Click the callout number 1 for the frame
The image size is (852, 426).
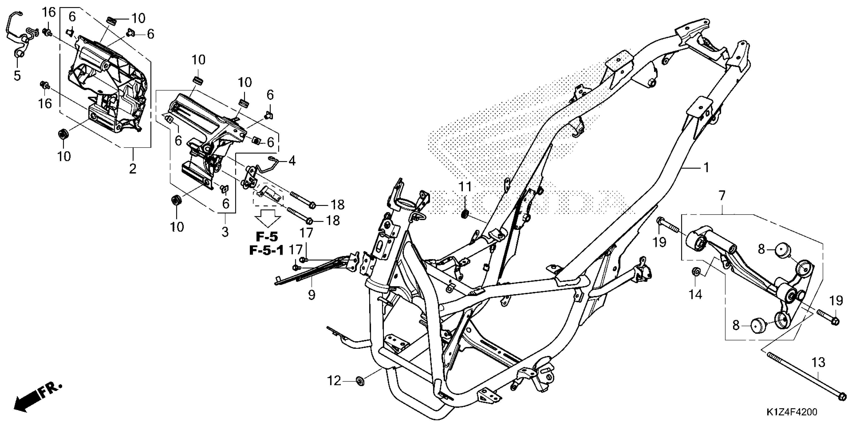pyautogui.click(x=706, y=168)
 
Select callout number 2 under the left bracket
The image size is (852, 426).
pyautogui.click(x=133, y=169)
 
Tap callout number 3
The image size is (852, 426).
pyautogui.click(x=225, y=232)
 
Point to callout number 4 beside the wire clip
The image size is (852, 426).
pyautogui.click(x=291, y=161)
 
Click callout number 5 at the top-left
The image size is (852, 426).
pyautogui.click(x=17, y=75)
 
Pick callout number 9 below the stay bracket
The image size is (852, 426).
pyautogui.click(x=311, y=294)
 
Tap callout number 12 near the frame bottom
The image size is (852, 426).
pyautogui.click(x=334, y=381)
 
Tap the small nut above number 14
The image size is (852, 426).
pyautogui.click(x=696, y=272)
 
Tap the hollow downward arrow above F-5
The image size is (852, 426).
pyautogui.click(x=267, y=217)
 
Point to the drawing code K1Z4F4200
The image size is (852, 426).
pyautogui.click(x=791, y=412)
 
